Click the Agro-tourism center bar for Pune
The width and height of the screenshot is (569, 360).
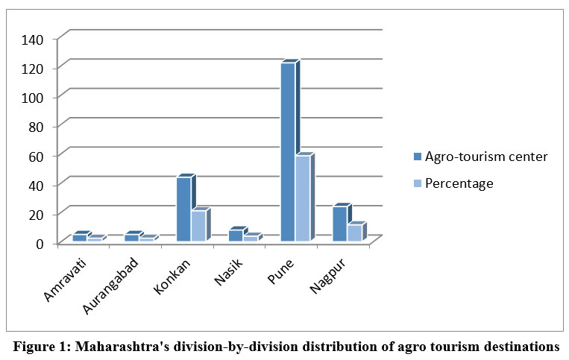click(288, 152)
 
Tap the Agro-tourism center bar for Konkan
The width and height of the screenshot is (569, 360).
click(183, 209)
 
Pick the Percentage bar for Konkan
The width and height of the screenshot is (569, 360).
click(198, 226)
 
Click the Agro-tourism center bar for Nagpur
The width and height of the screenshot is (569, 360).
click(340, 224)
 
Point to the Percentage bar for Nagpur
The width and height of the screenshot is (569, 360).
click(354, 233)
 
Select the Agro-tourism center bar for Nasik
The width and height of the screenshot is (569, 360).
click(236, 236)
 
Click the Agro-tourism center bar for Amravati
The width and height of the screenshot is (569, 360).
click(79, 238)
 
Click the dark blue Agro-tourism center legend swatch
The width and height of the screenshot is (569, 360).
click(417, 157)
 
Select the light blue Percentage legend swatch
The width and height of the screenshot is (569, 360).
click(417, 184)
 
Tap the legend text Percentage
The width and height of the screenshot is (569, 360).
click(459, 183)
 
